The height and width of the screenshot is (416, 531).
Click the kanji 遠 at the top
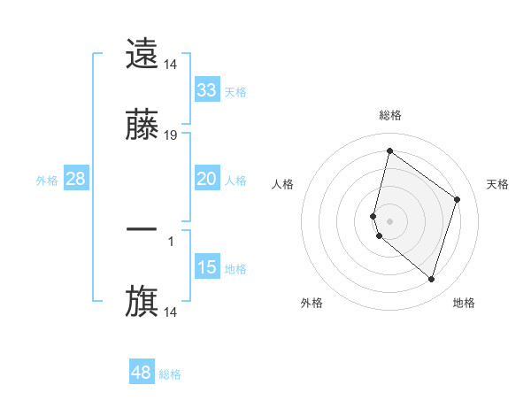coord(142,54)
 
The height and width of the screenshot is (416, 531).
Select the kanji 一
coord(142,230)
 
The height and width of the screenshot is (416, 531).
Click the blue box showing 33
coord(206,90)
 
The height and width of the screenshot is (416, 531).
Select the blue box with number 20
coord(206,179)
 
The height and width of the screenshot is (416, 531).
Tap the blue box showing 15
coord(206,267)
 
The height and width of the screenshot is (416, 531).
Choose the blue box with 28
coord(76,179)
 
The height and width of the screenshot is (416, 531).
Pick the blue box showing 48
coord(141,373)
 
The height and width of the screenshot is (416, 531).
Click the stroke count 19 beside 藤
coord(171,135)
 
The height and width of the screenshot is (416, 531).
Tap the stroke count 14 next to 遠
coord(171,64)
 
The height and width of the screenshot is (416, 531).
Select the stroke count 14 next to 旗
coord(171,312)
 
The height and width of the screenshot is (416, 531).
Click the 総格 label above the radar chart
coord(390,115)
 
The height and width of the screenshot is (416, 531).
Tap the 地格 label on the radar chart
coord(464,303)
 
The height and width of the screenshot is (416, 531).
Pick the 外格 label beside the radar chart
coord(312,303)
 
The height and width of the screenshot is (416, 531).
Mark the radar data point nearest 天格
coord(458,199)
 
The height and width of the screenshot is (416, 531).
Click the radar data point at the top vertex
coord(389,150)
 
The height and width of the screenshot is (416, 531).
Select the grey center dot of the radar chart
coord(389,220)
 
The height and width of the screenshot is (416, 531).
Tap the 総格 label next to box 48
coord(170,374)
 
